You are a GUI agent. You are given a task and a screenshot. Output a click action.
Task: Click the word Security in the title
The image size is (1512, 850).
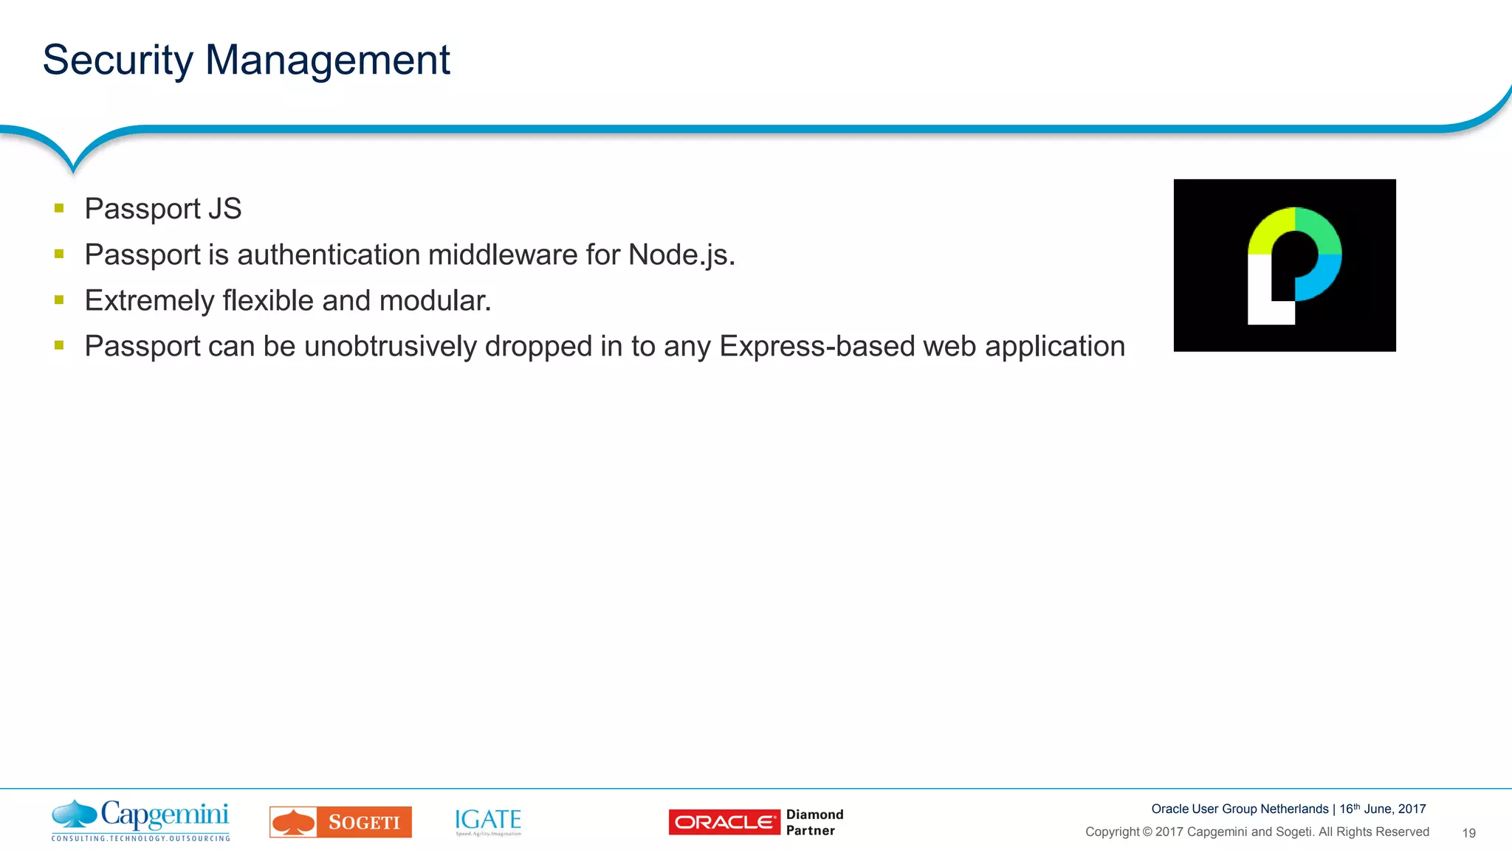117,61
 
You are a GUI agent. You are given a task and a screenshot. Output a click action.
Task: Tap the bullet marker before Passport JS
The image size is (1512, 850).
59,209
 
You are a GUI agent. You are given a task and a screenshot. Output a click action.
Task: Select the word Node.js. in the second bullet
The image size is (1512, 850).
681,255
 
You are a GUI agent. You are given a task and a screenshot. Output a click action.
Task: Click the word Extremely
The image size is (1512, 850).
149,301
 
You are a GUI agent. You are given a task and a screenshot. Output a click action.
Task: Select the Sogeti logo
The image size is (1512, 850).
340,822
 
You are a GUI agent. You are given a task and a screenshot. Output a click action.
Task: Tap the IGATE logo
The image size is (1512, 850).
488,821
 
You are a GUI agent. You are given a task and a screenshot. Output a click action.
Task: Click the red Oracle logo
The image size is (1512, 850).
724,822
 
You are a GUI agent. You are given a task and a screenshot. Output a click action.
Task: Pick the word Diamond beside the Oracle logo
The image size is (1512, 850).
814,815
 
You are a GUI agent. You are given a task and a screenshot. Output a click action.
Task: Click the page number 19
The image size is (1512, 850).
1468,833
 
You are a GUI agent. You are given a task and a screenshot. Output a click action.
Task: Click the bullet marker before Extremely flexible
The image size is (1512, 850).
59,300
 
